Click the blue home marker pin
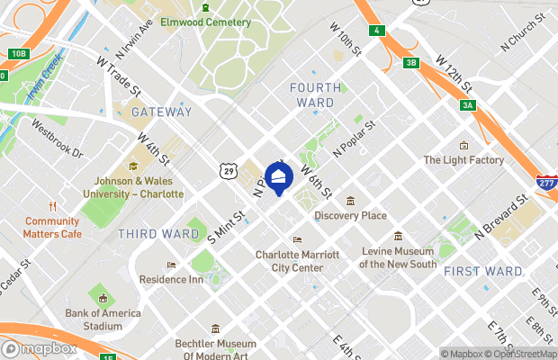pyautogui.click(x=279, y=178)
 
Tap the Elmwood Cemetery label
pyautogui.click(x=205, y=21)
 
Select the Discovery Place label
pyautogui.click(x=350, y=215)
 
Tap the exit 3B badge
pyautogui.click(x=411, y=62)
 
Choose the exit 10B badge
pyautogui.click(x=18, y=54)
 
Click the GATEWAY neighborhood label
pyautogui.click(x=161, y=112)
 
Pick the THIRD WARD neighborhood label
pyautogui.click(x=158, y=234)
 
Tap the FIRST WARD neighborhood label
pyautogui.click(x=483, y=271)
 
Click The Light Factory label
pyautogui.click(x=463, y=160)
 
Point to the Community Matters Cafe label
pyautogui.click(x=52, y=228)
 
